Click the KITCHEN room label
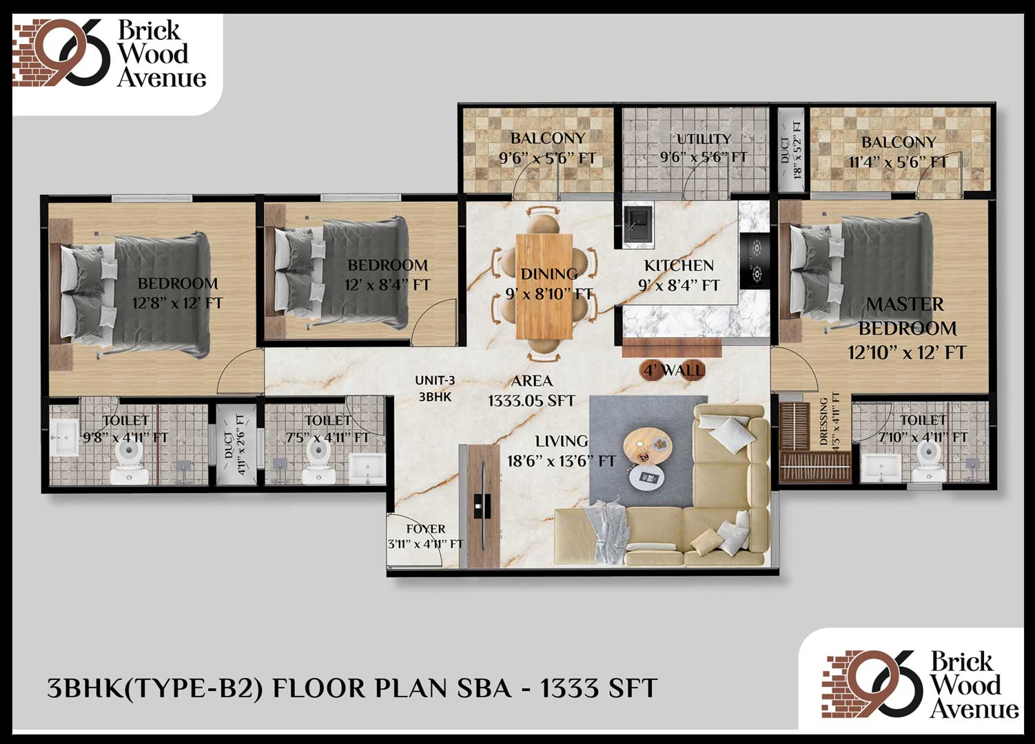tap(679, 265)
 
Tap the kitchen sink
tap(638, 223)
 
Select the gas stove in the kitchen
tap(756, 261)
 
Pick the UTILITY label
tap(704, 138)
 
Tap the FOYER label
tap(426, 529)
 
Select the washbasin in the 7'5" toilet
tap(367, 466)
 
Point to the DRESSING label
tap(823, 421)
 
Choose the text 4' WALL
tap(674, 370)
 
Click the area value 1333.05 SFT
tap(531, 400)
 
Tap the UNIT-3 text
tap(435, 380)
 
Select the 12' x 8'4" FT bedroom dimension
tap(388, 285)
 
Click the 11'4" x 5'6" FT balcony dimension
tap(899, 162)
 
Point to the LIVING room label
tap(562, 441)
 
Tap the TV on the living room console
tap(483, 506)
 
